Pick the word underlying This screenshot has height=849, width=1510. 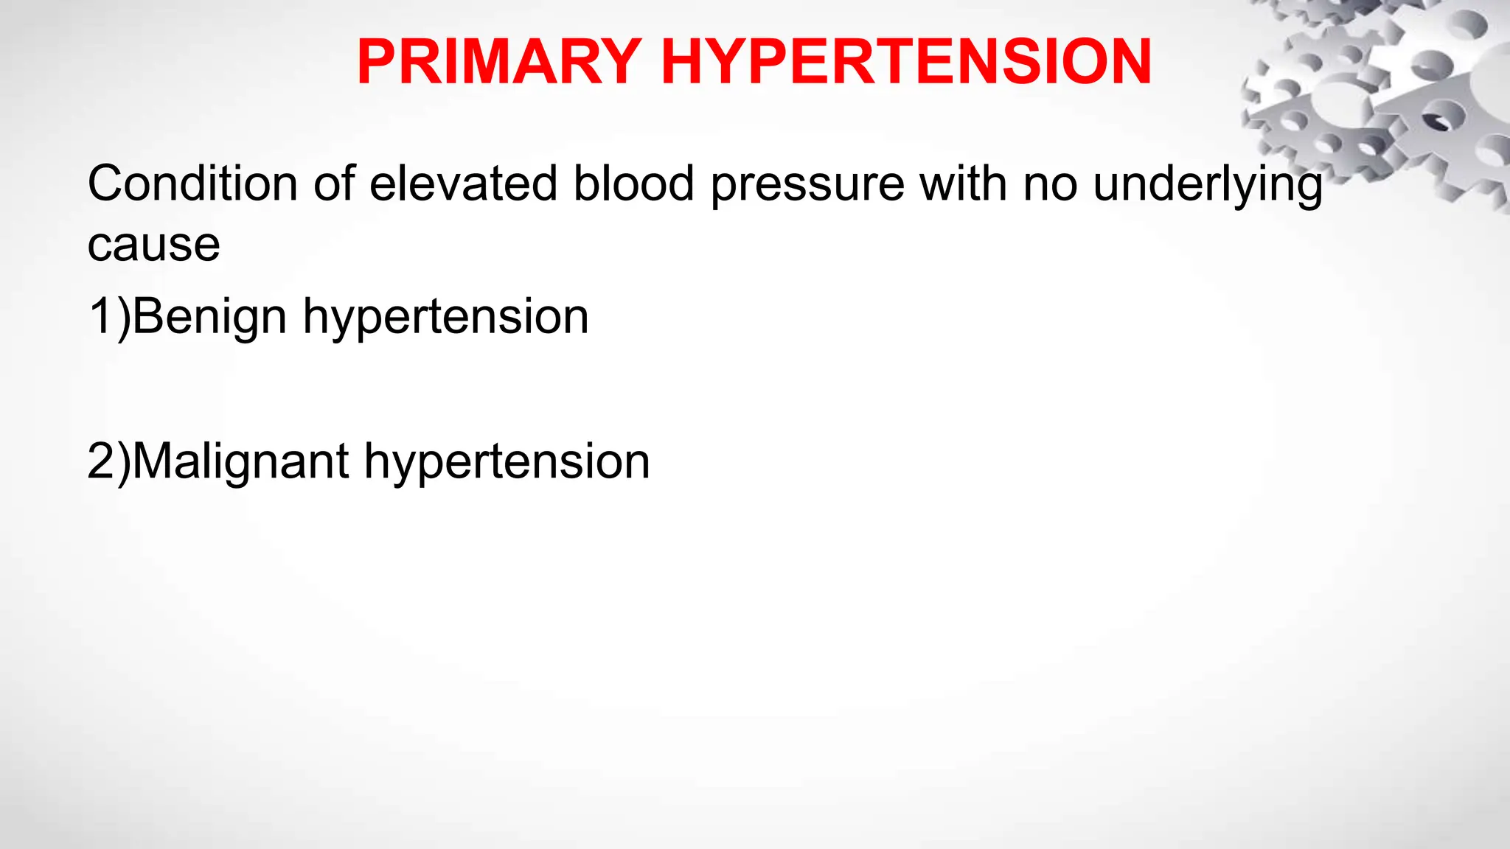point(1208,184)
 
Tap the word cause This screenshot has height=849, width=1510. point(153,245)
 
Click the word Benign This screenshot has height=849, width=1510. point(209,317)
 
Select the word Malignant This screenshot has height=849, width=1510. point(240,462)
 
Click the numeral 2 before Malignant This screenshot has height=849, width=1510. point(100,461)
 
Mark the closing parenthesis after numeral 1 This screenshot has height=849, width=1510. point(123,317)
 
